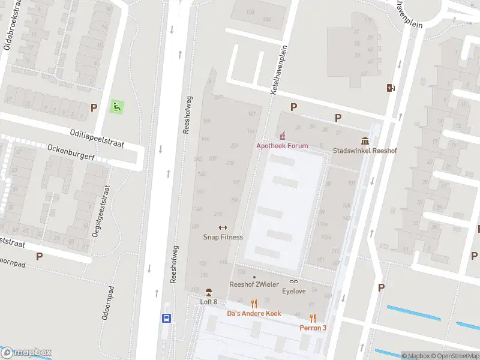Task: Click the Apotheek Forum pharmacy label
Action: tap(282, 146)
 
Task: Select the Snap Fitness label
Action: tap(223, 237)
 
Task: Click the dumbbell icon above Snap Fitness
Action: tap(223, 227)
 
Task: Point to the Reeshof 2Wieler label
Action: tap(254, 284)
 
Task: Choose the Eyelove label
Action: tap(294, 292)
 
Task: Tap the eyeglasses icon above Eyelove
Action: tap(294, 281)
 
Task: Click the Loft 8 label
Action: tap(208, 302)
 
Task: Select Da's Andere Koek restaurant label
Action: tap(254, 313)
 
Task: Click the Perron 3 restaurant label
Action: tap(313, 328)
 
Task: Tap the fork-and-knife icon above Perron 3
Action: tap(313, 318)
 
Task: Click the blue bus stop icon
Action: tap(166, 319)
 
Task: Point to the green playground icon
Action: tap(117, 107)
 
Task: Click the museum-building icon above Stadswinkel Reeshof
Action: tap(365, 141)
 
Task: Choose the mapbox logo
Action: tap(26, 353)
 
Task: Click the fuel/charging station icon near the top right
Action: tap(391, 88)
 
